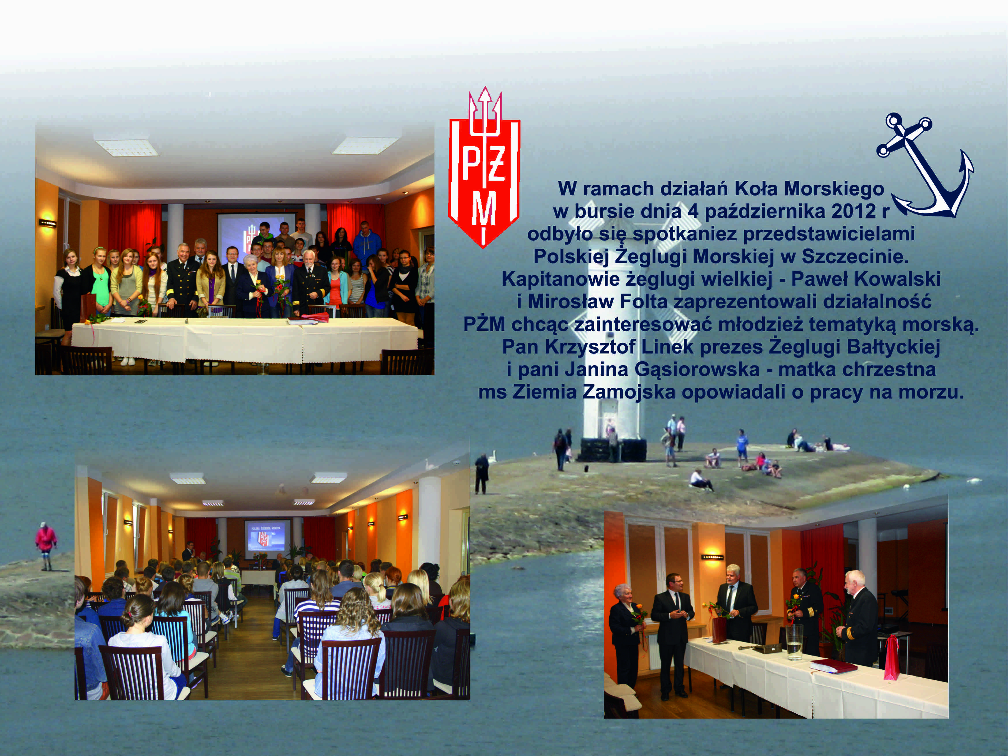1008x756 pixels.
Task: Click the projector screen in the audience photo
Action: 267,539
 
